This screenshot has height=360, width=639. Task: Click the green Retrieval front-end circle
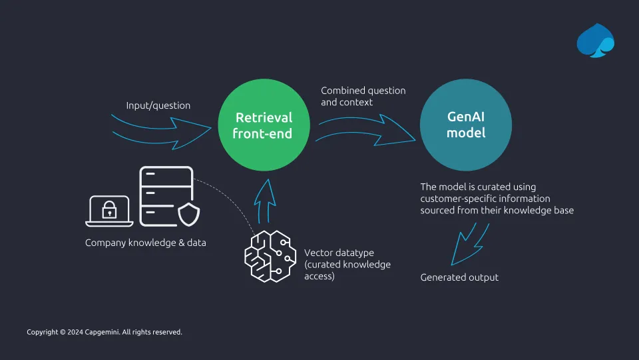coord(264,125)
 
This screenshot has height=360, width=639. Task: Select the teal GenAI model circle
coord(466,125)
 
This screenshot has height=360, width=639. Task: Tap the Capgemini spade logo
coord(595,41)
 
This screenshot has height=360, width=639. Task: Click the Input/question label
coord(158,105)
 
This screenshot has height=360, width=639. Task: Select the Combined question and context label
coord(363,96)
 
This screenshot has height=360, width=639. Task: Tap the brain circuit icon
coord(270,256)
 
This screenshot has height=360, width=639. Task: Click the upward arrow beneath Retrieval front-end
coord(265,201)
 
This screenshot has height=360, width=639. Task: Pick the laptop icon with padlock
coord(109,211)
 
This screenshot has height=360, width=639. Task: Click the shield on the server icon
coord(188,214)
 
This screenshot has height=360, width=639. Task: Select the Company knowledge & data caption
coord(146,243)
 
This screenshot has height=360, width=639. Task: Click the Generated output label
coord(459,277)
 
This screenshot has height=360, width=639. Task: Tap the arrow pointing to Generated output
coord(469,245)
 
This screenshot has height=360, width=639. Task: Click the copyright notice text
coord(105,332)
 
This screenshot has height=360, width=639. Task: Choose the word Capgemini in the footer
coord(102,332)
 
